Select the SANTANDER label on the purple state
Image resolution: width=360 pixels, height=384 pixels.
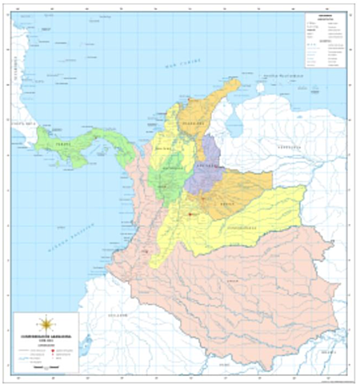(206, 164)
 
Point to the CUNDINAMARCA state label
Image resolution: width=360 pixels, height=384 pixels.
(231, 227)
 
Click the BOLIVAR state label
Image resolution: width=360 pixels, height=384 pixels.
(165, 148)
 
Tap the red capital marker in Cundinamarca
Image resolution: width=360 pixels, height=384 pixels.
(190, 214)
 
